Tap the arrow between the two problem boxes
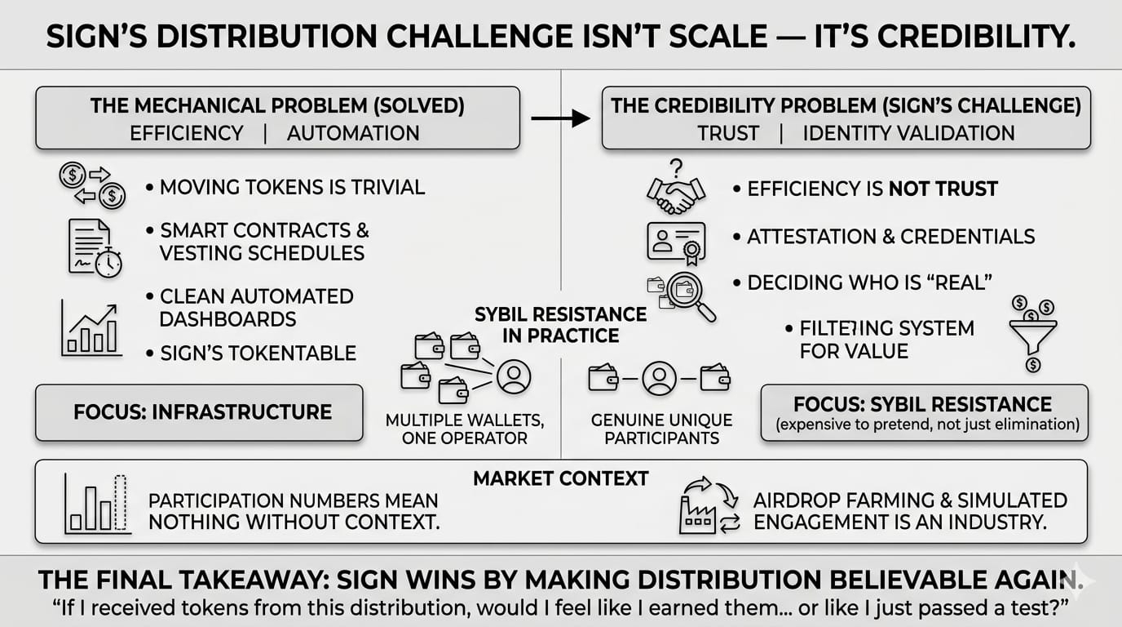click(x=560, y=119)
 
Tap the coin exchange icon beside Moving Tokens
click(x=92, y=186)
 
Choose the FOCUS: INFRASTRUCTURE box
click(x=199, y=412)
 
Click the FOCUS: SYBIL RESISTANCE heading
click(x=923, y=404)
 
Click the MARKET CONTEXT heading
click(x=561, y=478)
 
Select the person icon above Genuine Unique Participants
click(x=659, y=377)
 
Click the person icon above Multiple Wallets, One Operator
click(x=514, y=376)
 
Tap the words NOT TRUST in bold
click(x=943, y=189)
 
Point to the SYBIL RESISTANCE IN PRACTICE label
click(x=562, y=325)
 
